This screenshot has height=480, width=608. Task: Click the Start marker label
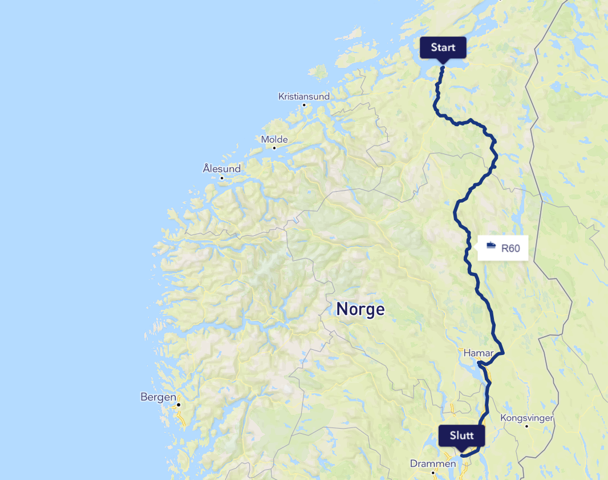[x=443, y=47]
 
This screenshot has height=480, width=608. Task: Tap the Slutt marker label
[x=461, y=435]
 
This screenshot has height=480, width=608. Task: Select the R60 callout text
[x=510, y=248]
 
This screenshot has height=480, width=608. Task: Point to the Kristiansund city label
[x=303, y=96]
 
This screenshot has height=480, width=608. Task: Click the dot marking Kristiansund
[x=304, y=105]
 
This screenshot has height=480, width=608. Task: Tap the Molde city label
[x=274, y=139]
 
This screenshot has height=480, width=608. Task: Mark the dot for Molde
[x=274, y=148]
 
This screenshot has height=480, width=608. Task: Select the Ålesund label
[x=222, y=168]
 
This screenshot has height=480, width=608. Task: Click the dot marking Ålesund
[x=222, y=178]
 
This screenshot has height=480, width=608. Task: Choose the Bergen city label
[x=159, y=397]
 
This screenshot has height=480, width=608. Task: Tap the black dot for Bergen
[x=179, y=405]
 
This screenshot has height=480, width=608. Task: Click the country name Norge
[x=360, y=309]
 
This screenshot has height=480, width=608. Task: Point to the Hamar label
[x=477, y=353]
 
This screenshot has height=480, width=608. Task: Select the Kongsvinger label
[x=526, y=418]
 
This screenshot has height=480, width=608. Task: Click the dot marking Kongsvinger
[x=526, y=426]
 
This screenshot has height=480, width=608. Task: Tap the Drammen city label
[x=433, y=463]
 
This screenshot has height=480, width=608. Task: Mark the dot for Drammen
[x=433, y=472]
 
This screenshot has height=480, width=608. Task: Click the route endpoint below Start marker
[x=443, y=68]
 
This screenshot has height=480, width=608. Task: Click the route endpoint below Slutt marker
[x=462, y=455]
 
